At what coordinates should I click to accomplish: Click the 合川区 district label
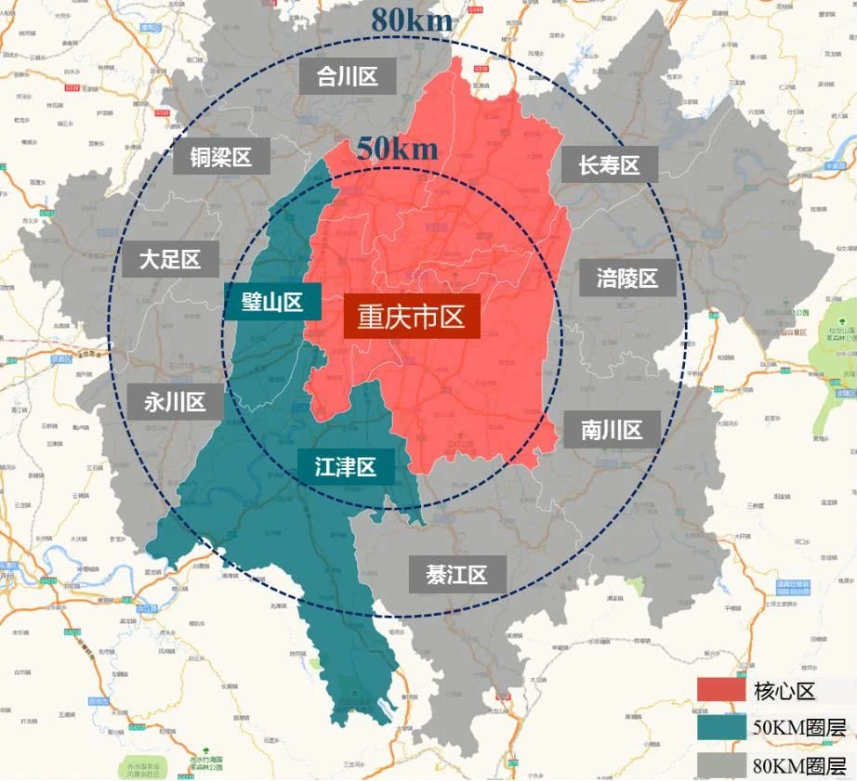tap(348, 76)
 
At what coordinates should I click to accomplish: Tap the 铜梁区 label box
tap(221, 157)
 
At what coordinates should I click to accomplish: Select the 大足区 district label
tap(171, 259)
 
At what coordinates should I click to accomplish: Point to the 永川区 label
tap(175, 402)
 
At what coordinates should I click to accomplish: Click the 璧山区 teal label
tap(272, 302)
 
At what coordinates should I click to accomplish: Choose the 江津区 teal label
tap(346, 467)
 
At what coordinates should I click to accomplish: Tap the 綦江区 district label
tap(457, 575)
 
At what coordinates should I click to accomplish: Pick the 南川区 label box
tap(613, 430)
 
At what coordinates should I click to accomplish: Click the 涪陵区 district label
tap(627, 278)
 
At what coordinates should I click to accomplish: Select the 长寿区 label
tap(610, 165)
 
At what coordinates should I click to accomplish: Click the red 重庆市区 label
tap(412, 318)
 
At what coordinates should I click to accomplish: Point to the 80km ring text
tap(412, 19)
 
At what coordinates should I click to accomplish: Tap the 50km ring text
tap(395, 148)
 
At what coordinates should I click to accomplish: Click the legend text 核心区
tap(784, 690)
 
